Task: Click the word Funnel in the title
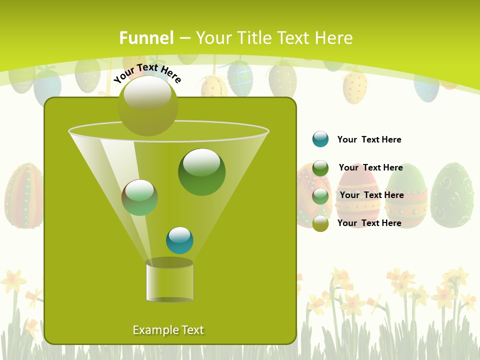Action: tap(146, 38)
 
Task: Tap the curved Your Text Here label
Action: tap(147, 73)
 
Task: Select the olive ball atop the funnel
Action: tap(148, 106)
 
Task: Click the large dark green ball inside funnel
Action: tap(201, 172)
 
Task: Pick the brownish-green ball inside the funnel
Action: tap(139, 197)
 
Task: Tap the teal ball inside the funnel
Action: tap(179, 240)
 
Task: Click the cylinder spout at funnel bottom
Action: tap(169, 282)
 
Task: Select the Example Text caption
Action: tap(168, 330)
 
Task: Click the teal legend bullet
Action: tap(320, 139)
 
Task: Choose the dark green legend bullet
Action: tap(320, 168)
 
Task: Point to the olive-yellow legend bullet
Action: tap(320, 223)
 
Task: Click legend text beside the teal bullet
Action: tap(369, 139)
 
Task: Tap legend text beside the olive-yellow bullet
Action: tap(369, 223)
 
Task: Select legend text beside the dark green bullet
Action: tap(370, 167)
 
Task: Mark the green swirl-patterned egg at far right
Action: tap(451, 195)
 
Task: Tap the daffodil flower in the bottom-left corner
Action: tap(13, 281)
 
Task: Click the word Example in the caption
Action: tap(150, 330)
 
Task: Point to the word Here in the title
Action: tap(333, 38)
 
